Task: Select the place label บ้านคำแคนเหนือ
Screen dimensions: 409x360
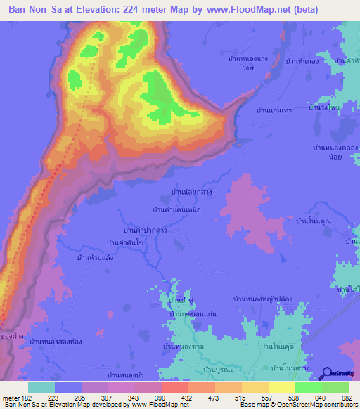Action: point(180,210)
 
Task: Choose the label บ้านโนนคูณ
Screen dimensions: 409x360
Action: point(314,221)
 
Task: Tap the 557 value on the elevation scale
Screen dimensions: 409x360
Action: point(256,397)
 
